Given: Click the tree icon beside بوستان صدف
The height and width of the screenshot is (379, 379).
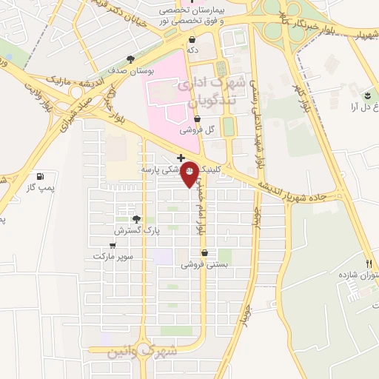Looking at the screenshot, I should pos(131,58).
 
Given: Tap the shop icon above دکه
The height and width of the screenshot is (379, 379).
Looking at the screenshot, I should pos(192,40).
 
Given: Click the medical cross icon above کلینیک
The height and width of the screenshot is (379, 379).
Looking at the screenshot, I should pos(181,158).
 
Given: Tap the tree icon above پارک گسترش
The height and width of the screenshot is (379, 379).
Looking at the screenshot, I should pos(135,218).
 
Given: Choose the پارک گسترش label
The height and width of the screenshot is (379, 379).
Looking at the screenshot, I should pos(138,231).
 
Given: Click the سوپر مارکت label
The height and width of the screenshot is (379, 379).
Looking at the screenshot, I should pos(113,256).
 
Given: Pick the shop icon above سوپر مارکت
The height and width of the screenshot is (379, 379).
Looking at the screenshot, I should pos(113,245).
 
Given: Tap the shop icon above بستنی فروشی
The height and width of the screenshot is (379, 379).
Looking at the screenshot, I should pos(204,252).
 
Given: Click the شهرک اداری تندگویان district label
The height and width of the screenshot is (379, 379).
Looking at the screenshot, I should pos(205,90).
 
